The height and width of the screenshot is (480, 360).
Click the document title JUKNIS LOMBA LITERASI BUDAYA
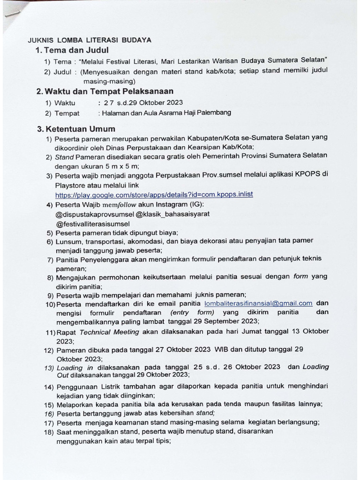pos(90,40)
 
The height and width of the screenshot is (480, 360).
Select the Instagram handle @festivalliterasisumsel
pos(93,224)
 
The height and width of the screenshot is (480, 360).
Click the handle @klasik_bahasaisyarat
pos(173,214)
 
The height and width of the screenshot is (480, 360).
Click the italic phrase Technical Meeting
pos(109,332)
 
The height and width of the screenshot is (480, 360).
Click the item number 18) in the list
pos(49,432)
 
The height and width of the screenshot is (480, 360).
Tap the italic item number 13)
pos(49,368)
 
